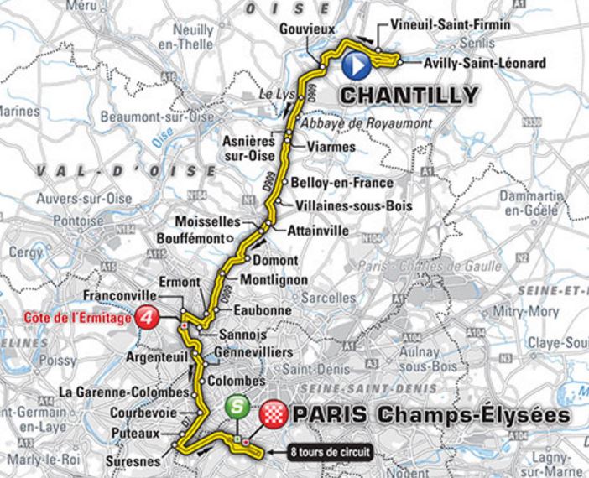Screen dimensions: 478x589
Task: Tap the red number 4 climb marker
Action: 148,318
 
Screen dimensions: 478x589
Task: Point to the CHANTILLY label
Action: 409,95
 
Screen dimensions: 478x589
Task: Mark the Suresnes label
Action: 136,460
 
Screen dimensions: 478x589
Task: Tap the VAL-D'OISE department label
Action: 126,170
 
